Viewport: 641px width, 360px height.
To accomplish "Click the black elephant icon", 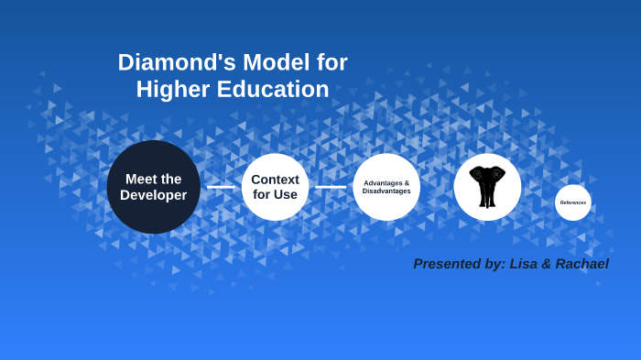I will click(x=487, y=186).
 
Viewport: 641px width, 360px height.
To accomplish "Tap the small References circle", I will click(x=573, y=202).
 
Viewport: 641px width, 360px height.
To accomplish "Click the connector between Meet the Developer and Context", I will click(x=221, y=187).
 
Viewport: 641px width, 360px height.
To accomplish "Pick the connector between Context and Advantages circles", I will click(x=331, y=187).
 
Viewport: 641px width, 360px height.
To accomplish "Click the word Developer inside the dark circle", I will click(x=153, y=195).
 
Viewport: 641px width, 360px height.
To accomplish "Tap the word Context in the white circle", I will click(x=275, y=180).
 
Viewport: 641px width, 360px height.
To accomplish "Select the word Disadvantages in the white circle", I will click(x=386, y=191).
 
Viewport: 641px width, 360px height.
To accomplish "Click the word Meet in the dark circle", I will click(x=140, y=179).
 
